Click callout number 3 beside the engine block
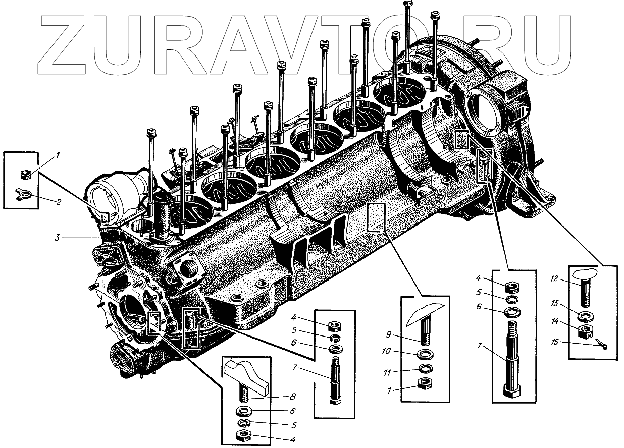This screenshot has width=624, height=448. (58, 237)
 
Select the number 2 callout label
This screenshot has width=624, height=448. (59, 202)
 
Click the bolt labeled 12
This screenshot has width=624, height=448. (585, 290)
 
